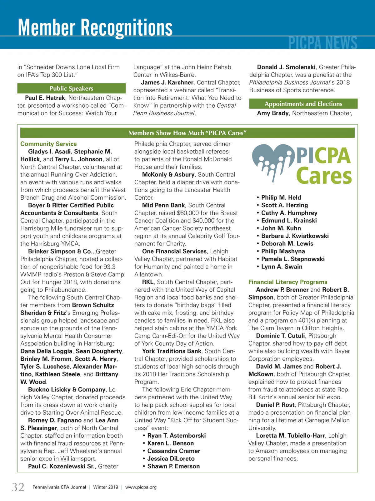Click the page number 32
18,487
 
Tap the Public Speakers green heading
71,89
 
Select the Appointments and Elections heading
303,104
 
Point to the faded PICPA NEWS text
322,43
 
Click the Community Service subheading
48,144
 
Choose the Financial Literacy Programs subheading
288,282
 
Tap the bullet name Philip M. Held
281,197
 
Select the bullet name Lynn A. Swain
282,267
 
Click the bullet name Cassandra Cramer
173,451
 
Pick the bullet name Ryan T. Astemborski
176,435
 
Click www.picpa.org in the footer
141,487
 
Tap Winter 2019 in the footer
106,487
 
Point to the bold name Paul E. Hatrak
45,98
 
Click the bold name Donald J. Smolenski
286,67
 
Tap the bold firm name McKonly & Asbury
168,175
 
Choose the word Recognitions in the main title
127,28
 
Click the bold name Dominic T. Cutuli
280,336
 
